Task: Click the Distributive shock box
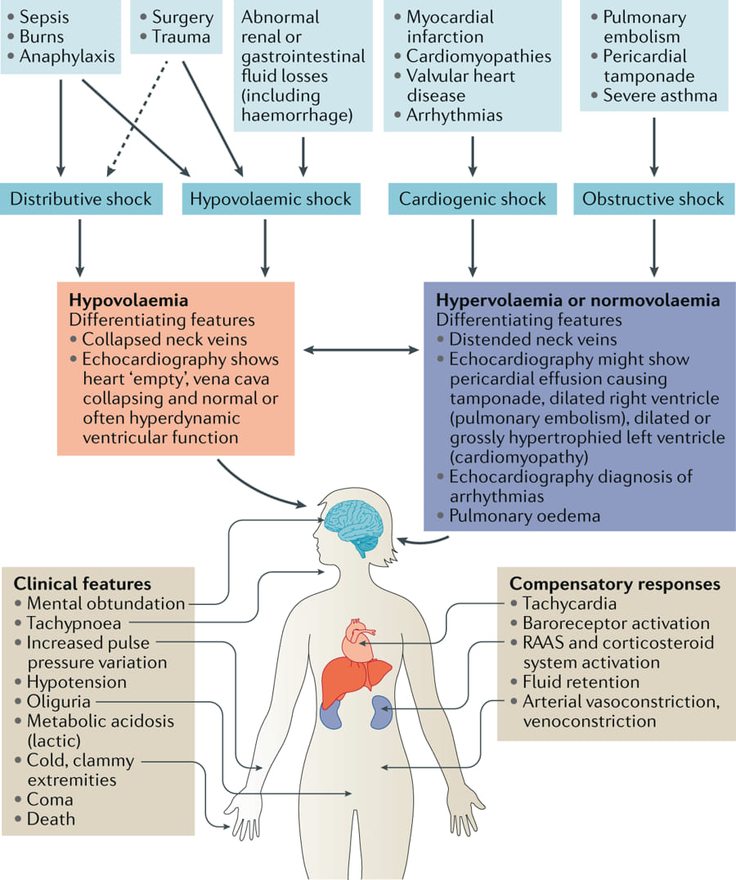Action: tap(82, 199)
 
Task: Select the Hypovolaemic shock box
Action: tap(271, 199)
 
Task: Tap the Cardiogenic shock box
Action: tap(473, 199)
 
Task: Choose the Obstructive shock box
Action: tap(653, 199)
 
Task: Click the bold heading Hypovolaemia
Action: tap(128, 300)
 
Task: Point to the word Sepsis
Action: tap(44, 17)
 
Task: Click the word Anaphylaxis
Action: tap(67, 56)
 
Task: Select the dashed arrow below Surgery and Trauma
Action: tap(137, 118)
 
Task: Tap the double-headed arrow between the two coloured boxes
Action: tap(361, 351)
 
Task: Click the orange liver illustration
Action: tap(355, 677)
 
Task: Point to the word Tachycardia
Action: tap(569, 603)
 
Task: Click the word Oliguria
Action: tap(58, 702)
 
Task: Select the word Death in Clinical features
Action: tap(52, 819)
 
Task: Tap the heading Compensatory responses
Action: tap(615, 583)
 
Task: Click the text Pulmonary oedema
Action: tap(525, 516)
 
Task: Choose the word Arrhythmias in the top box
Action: tap(455, 115)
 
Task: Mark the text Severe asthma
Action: tap(660, 96)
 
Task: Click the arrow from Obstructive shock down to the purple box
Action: tap(654, 248)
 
